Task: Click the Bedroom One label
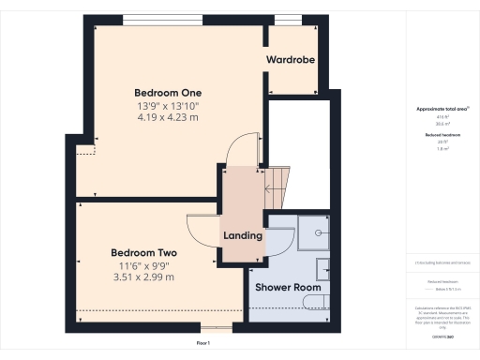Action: click(x=168, y=92)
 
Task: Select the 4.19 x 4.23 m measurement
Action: click(x=168, y=117)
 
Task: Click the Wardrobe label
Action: click(x=290, y=59)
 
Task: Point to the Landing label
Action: click(x=242, y=234)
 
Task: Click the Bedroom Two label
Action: click(x=143, y=253)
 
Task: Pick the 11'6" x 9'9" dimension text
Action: click(x=143, y=265)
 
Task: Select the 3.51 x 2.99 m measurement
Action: click(x=143, y=277)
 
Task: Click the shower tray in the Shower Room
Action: click(x=314, y=232)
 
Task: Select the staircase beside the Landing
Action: click(x=276, y=187)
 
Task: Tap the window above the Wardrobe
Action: click(x=288, y=18)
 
